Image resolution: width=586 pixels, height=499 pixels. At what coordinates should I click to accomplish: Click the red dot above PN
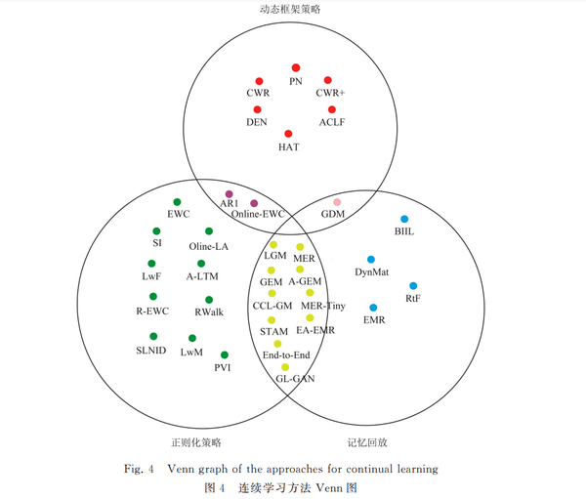point(295,67)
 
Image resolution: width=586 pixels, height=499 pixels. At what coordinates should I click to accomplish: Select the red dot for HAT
point(288,134)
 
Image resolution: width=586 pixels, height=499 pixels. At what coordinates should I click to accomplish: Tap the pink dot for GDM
point(337,202)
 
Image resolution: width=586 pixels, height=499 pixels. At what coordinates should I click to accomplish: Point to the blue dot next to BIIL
point(404,219)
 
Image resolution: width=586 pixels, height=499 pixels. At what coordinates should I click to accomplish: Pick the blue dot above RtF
point(413,286)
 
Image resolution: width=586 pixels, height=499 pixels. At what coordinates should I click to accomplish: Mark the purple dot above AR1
point(230,193)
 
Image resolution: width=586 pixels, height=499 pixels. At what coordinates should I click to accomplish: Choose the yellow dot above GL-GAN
point(286,367)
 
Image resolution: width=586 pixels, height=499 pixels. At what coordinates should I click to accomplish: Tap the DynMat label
point(371,272)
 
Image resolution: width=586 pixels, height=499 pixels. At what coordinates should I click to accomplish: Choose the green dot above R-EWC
point(151,297)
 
